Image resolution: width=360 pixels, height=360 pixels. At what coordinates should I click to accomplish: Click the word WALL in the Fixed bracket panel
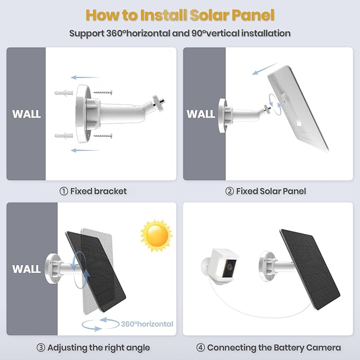(27, 114)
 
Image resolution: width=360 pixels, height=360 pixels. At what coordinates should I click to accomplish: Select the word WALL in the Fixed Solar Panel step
(201, 113)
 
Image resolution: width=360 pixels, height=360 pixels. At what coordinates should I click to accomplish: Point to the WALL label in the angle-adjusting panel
(27, 269)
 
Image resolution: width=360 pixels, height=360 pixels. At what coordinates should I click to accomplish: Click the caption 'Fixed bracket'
(98, 191)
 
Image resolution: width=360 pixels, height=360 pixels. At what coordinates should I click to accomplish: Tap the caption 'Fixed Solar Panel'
(271, 191)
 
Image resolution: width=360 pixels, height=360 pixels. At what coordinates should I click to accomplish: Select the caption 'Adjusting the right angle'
(99, 348)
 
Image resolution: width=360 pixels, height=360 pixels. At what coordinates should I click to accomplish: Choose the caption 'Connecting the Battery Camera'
(274, 348)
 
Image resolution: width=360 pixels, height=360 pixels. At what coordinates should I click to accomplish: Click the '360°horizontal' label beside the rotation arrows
(146, 323)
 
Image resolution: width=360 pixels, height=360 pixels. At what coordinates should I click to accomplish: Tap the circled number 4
(200, 348)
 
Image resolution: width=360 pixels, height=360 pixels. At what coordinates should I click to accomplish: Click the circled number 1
(64, 191)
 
